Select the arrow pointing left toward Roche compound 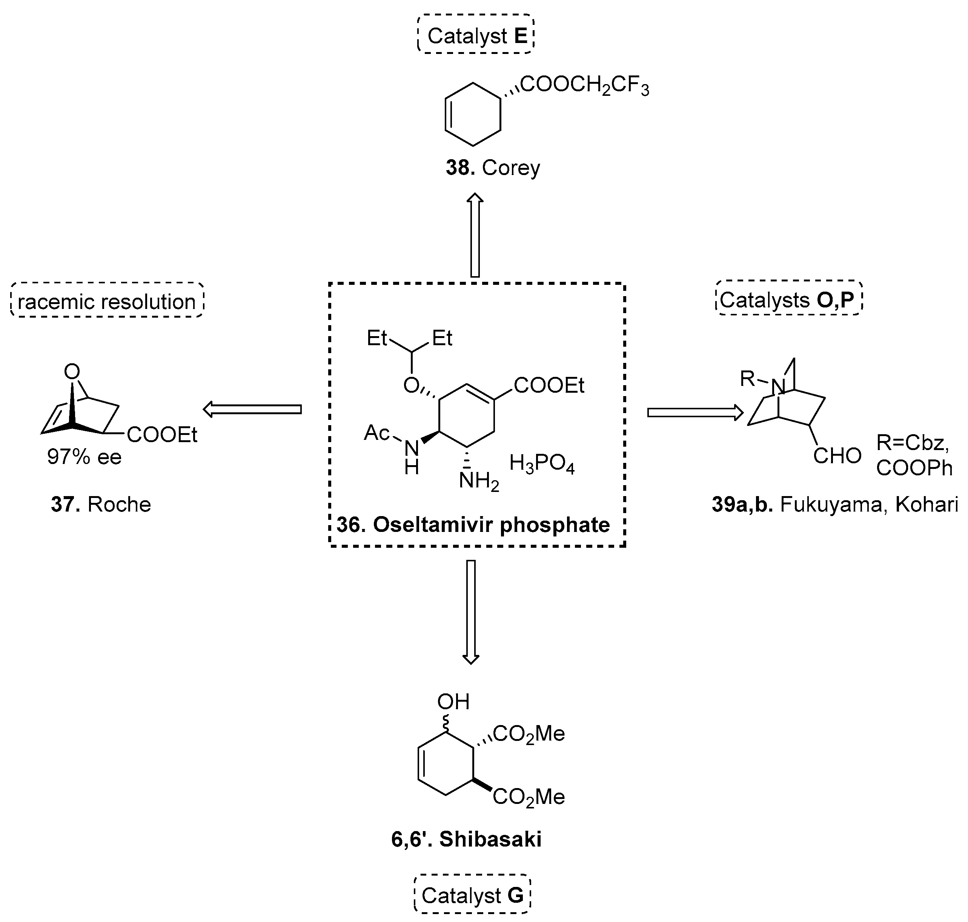252,409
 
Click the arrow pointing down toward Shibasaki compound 471,612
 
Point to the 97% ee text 84,457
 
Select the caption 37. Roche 101,504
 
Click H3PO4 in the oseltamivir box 541,464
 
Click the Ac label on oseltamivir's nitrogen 376,433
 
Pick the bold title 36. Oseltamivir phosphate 473,525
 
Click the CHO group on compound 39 837,456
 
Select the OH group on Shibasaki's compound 453,702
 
